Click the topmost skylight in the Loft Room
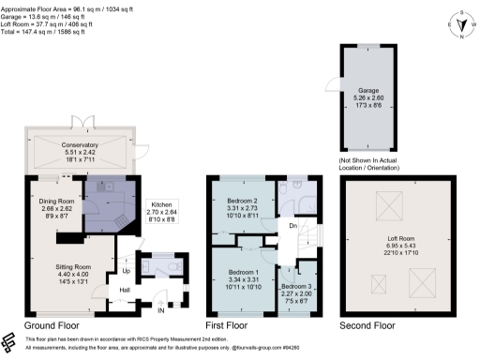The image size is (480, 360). pos(386,202)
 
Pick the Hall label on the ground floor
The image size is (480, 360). pos(124,290)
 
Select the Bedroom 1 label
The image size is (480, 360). pos(243,278)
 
